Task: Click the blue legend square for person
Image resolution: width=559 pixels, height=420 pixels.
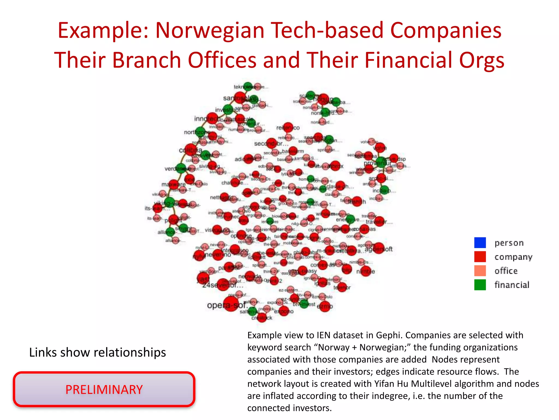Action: tap(480, 243)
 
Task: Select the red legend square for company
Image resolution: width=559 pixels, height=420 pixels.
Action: tap(480, 256)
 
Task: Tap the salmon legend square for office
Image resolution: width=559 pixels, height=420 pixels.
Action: tap(480, 271)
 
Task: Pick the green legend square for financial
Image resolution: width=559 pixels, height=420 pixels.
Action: tap(480, 285)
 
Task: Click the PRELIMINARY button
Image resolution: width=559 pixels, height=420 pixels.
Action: tap(104, 389)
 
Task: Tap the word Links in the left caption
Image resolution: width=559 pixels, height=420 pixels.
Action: tap(43, 352)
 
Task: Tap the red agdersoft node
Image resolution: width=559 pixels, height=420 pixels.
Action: tap(379, 248)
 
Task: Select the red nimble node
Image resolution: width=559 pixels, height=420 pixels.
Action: tap(366, 271)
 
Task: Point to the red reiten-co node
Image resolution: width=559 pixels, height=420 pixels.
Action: tap(288, 127)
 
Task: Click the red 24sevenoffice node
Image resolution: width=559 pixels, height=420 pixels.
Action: tap(223, 285)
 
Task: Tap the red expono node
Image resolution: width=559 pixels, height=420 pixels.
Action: tap(284, 311)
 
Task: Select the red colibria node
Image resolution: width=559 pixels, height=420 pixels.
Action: tap(191, 150)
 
